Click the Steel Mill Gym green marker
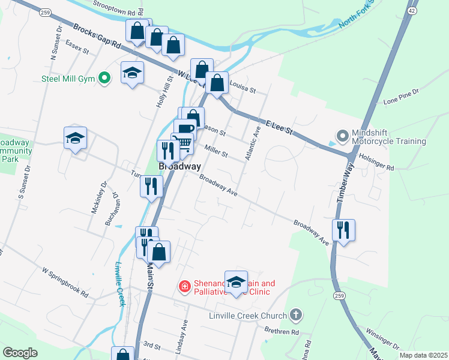coord(104,78)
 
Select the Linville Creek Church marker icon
coord(295,315)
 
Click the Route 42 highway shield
coord(411,11)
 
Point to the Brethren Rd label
coord(282,331)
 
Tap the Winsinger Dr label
coord(382,338)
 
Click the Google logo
coord(20,353)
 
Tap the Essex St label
coord(77,47)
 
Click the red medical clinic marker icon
coord(185,288)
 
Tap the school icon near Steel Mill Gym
coord(133,74)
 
